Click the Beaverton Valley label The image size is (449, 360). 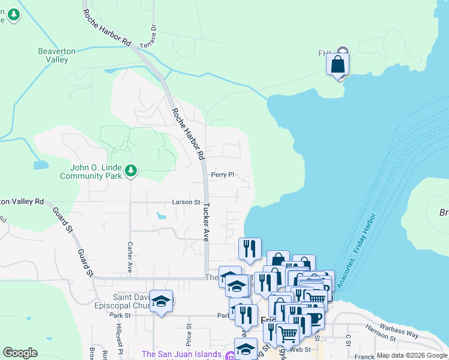56,55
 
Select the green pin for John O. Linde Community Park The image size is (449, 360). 131,172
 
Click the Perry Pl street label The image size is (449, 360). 221,175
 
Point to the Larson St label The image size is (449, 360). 185,202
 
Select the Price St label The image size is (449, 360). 188,332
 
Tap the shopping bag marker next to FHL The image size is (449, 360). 338,65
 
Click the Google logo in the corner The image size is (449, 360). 20,353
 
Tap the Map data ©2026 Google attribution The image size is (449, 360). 412,355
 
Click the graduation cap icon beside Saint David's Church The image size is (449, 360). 161,302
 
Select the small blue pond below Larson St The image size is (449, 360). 161,215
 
